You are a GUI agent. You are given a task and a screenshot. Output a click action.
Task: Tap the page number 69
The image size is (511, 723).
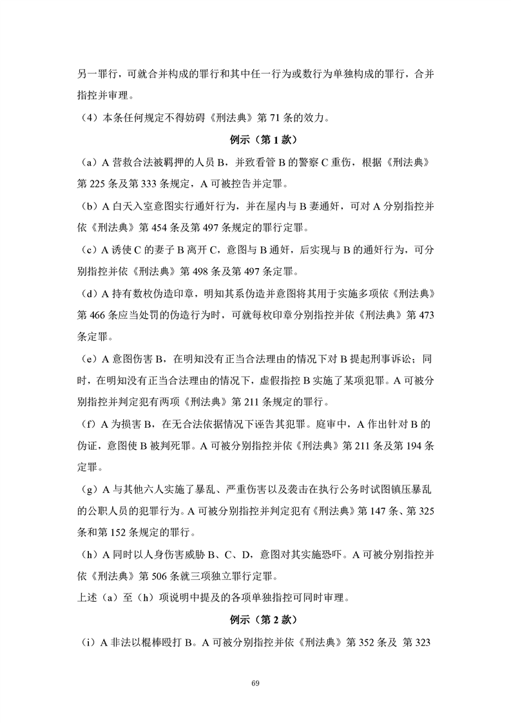pyautogui.click(x=255, y=682)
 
